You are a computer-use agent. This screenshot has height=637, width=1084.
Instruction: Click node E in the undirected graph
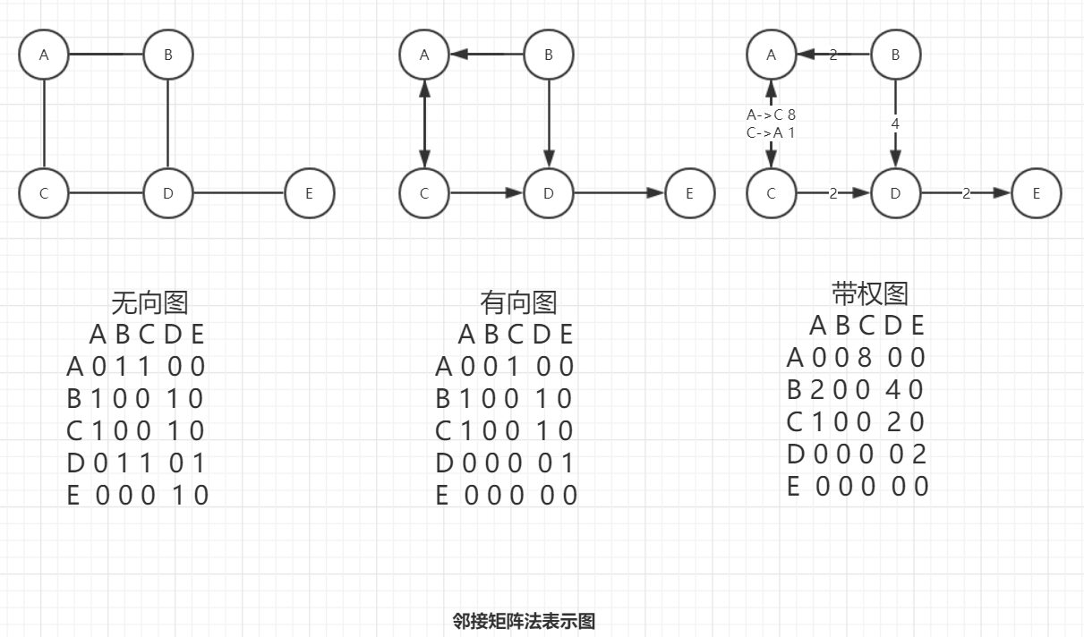click(309, 192)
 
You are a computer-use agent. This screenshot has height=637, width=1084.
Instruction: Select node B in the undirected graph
click(168, 55)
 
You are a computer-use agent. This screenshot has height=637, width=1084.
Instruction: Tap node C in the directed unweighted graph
click(424, 192)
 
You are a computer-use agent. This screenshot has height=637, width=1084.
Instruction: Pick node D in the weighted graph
click(895, 192)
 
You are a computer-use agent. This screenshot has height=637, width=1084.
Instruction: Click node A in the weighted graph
click(772, 55)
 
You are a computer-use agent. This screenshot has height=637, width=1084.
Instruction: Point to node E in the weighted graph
click(1037, 192)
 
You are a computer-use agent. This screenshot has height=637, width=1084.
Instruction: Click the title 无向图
click(149, 302)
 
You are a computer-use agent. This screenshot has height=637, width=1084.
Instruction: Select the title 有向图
click(518, 302)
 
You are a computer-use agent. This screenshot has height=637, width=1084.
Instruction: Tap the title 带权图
click(869, 293)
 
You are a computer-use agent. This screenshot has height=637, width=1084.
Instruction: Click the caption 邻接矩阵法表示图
click(524, 621)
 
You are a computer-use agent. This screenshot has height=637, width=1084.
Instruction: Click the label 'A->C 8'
click(771, 115)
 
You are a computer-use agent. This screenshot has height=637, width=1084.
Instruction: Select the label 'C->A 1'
click(771, 132)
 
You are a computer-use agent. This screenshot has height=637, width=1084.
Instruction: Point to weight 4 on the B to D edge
click(895, 123)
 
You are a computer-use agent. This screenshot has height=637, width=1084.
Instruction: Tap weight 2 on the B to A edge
click(833, 55)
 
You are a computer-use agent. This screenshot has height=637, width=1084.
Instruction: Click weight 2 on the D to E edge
click(966, 192)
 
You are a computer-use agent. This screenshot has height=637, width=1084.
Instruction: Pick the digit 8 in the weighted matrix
click(865, 358)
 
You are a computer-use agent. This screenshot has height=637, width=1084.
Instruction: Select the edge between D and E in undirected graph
click(239, 192)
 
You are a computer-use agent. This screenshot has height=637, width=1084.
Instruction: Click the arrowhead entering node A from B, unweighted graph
click(460, 55)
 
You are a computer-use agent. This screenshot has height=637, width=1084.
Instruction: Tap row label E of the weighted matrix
click(794, 487)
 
